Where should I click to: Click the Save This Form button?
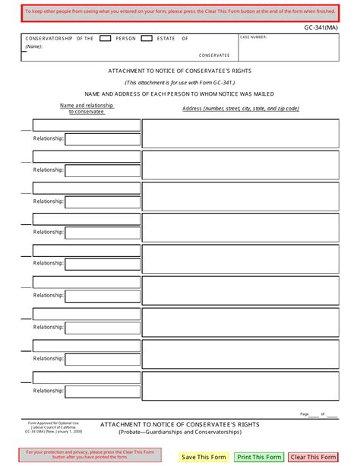pyautogui.click(x=204, y=457)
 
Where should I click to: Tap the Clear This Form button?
pyautogui.click(x=312, y=457)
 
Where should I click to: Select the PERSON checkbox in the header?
pyautogui.click(x=106, y=37)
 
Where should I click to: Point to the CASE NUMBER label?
pyautogui.click(x=254, y=36)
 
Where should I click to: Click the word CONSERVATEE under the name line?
pyautogui.click(x=214, y=55)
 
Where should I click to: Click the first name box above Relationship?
pyautogui.click(x=86, y=125)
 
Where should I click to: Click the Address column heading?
pyautogui.click(x=241, y=109)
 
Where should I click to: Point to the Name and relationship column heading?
pyautogui.click(x=87, y=108)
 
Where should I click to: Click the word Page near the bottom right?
pyautogui.click(x=305, y=414)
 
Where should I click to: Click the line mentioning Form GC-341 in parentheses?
pyautogui.click(x=180, y=82)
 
